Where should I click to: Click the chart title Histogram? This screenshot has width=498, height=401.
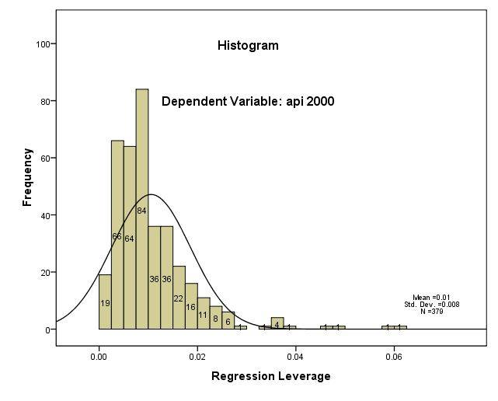pyautogui.click(x=248, y=46)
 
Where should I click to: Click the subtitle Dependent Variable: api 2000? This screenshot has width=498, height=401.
pyautogui.click(x=248, y=101)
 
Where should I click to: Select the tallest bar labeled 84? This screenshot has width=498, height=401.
pyautogui.click(x=142, y=210)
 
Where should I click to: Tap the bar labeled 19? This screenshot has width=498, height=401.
pyautogui.click(x=105, y=302)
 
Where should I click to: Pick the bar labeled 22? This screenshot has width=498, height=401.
pyautogui.click(x=179, y=298)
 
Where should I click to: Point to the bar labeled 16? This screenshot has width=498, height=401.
pyautogui.click(x=191, y=306)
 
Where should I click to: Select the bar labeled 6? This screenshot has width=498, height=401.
pyautogui.click(x=228, y=320)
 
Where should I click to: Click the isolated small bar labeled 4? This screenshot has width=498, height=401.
pyautogui.click(x=277, y=323)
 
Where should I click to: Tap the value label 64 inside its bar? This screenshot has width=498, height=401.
pyautogui.click(x=130, y=239)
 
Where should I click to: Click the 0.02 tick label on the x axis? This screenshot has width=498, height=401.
pyautogui.click(x=197, y=359)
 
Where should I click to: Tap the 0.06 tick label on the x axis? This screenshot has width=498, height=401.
pyautogui.click(x=394, y=359)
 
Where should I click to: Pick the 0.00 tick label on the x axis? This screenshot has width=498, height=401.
pyautogui.click(x=99, y=359)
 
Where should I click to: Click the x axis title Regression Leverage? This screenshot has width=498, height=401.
pyautogui.click(x=271, y=377)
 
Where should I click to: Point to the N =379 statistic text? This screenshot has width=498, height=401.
pyautogui.click(x=431, y=312)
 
